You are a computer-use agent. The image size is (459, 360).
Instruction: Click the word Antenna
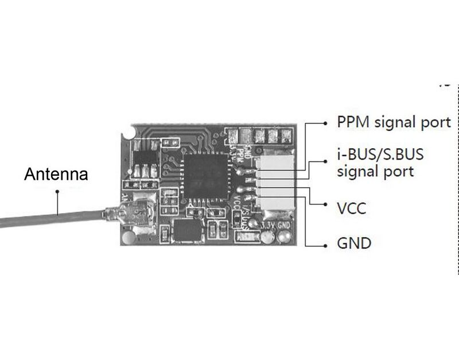coord(56,173)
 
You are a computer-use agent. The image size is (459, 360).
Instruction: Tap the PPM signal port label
coord(394,122)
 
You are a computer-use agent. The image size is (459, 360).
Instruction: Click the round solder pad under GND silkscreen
coord(284,235)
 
